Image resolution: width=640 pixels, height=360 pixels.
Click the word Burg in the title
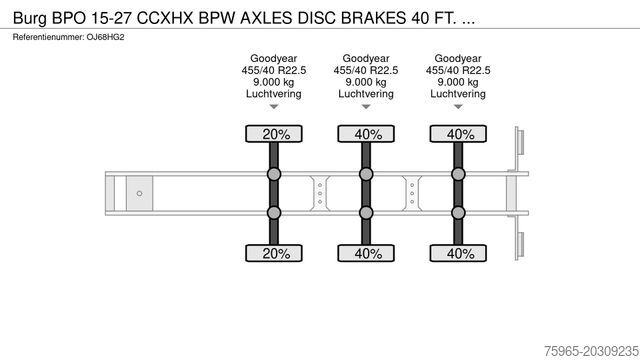tap(30, 18)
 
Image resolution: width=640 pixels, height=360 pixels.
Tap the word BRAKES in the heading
tap(373, 18)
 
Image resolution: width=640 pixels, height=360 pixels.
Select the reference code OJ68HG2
tap(105, 37)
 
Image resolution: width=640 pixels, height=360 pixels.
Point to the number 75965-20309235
tap(591, 351)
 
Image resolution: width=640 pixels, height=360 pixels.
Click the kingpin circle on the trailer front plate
tap(139, 193)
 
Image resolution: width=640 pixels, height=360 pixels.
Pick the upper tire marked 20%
tap(274, 134)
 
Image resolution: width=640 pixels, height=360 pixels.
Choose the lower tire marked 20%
tap(274, 253)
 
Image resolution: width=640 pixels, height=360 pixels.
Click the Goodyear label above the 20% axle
tap(273, 58)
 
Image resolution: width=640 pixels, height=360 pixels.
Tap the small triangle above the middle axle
tap(366, 107)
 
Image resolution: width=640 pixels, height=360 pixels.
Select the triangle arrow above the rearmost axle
tap(458, 107)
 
